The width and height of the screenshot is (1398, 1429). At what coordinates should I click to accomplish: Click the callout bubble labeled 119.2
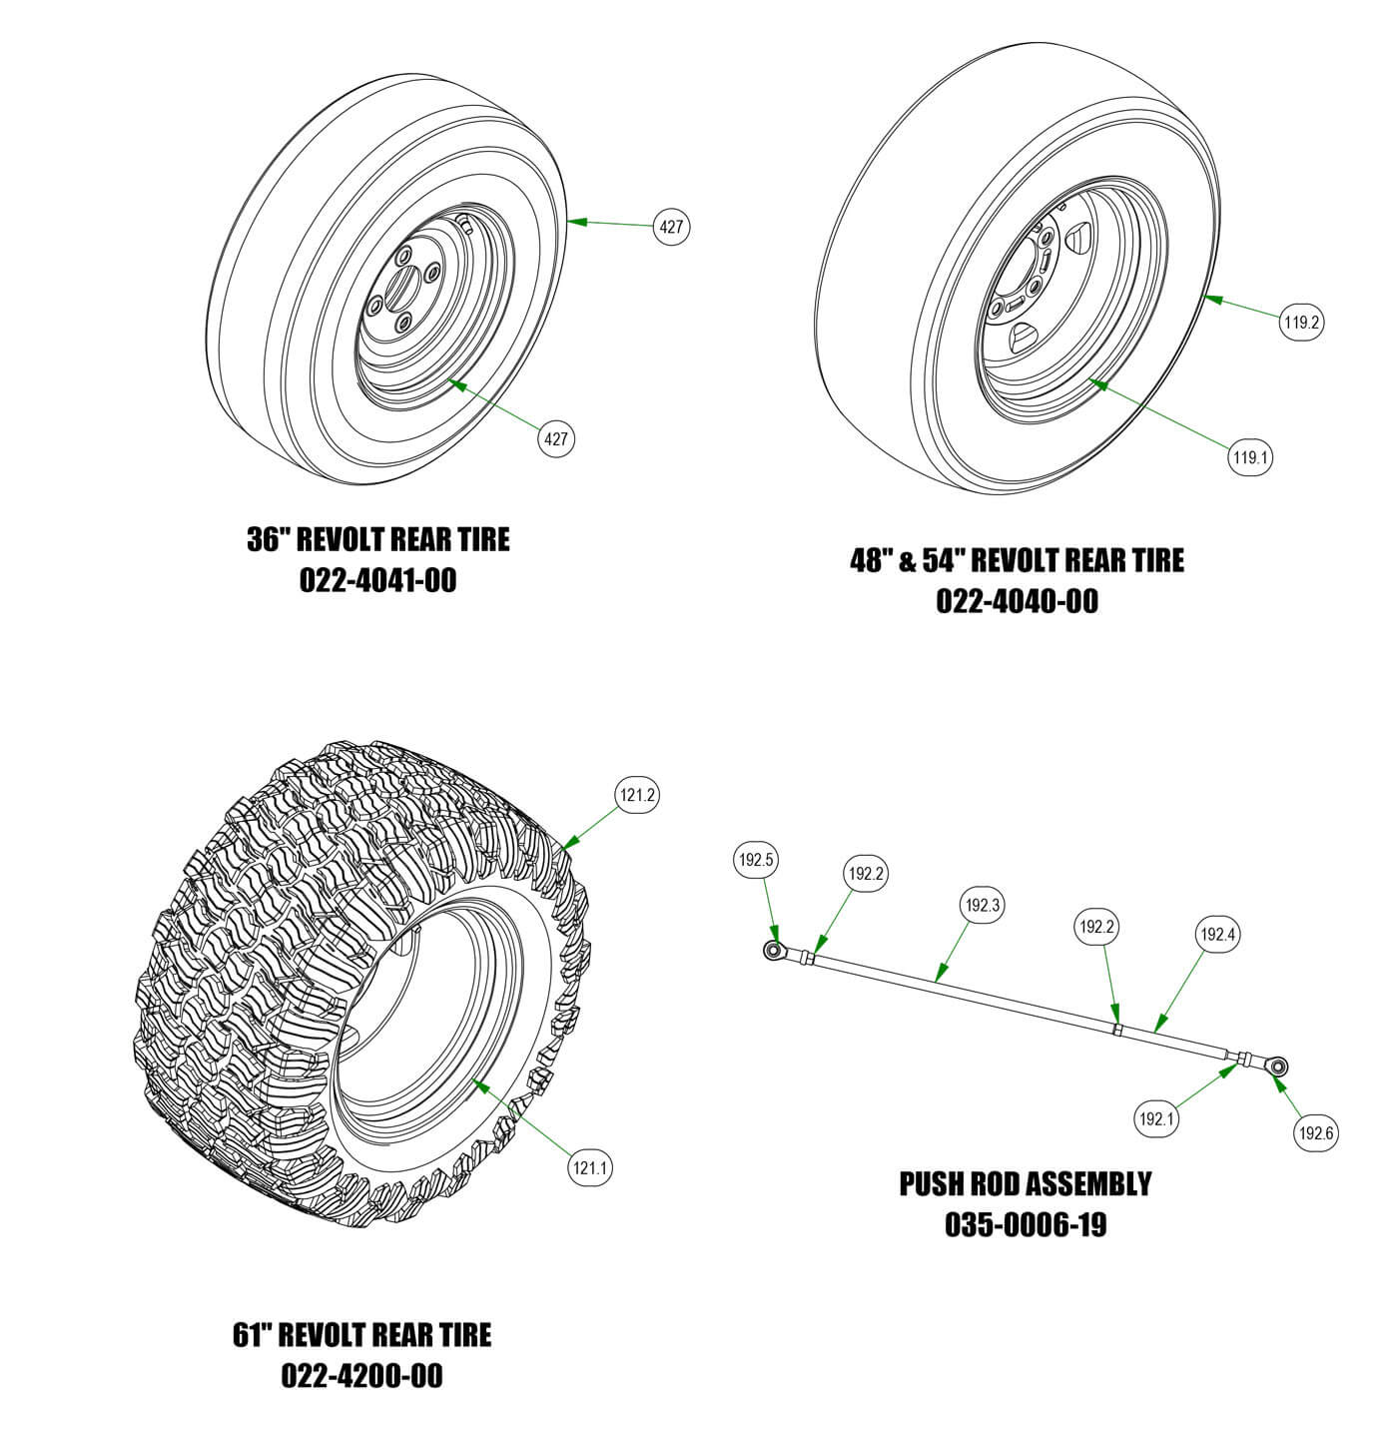point(1302,323)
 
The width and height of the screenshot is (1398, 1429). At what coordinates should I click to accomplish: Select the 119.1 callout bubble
point(1250,458)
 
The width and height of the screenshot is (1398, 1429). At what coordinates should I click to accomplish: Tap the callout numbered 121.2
point(637,795)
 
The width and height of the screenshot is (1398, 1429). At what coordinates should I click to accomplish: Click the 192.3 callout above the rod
point(982,906)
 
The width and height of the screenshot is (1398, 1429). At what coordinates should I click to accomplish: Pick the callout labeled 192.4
point(1218,935)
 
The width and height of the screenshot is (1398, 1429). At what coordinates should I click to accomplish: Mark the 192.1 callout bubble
point(1157,1119)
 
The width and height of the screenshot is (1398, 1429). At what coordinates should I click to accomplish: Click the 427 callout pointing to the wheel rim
point(556,437)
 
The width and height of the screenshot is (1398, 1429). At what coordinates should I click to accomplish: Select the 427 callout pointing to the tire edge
point(671,227)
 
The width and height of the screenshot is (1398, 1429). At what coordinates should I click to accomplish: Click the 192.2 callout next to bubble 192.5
point(866,874)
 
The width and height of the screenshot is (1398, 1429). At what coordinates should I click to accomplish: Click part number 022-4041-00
point(377,580)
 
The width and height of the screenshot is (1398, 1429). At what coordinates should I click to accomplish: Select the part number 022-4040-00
point(1017,601)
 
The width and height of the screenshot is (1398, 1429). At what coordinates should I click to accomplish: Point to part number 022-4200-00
point(361,1375)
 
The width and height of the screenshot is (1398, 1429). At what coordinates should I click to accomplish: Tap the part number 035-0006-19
point(1026,1224)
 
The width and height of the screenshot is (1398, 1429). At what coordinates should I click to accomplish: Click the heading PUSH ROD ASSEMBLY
point(1026,1184)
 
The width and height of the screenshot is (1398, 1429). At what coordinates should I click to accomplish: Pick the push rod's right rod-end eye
point(1277,1067)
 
